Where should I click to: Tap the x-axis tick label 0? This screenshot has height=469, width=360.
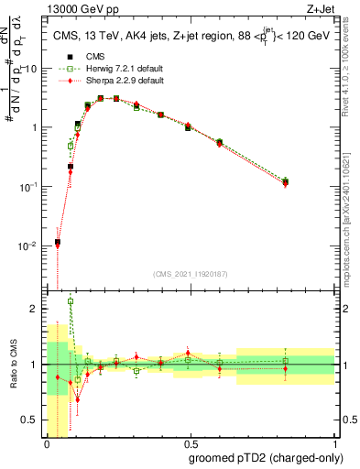47,444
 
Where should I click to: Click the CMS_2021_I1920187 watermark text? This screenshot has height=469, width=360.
190,274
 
